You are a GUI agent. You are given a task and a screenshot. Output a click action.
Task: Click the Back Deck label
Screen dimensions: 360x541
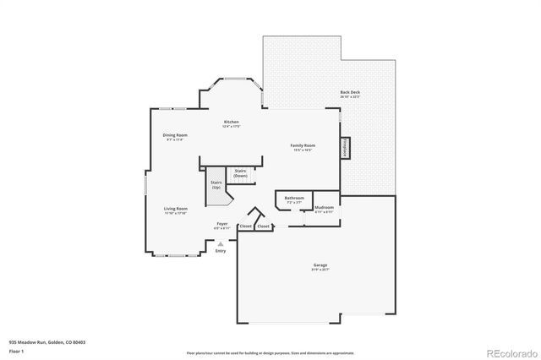pyautogui.click(x=349, y=92)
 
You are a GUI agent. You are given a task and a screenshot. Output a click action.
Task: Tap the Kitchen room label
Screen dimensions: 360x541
pyautogui.click(x=231, y=122)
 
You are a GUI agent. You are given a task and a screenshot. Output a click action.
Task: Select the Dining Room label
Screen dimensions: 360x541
pyautogui.click(x=175, y=134)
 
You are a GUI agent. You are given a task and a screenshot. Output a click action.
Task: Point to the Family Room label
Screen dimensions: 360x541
pyautogui.click(x=303, y=146)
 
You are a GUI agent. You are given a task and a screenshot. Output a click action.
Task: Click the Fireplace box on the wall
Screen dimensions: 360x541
pyautogui.click(x=345, y=147)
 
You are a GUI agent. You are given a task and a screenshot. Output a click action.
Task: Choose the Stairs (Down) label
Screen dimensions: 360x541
pyautogui.click(x=241, y=173)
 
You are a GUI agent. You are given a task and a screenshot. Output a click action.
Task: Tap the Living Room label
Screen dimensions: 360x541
pyautogui.click(x=176, y=208)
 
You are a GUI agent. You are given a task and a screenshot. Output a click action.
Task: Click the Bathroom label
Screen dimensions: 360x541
pyautogui.click(x=294, y=198)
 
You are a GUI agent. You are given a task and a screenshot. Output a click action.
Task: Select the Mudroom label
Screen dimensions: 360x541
pyautogui.click(x=324, y=207)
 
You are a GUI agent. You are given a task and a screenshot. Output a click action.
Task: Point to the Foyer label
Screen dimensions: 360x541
pyautogui.click(x=222, y=223)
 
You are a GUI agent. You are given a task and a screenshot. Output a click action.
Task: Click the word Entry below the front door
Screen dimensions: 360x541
pyautogui.click(x=221, y=251)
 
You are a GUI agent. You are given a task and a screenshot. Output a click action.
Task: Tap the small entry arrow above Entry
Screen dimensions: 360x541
pyautogui.click(x=221, y=243)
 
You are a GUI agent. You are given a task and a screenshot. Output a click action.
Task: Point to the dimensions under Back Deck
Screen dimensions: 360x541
pyautogui.click(x=349, y=97)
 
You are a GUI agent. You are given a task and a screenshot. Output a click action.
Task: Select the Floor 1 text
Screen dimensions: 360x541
pyautogui.click(x=17, y=349)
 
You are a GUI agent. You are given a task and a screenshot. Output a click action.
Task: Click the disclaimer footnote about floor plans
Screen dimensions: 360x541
pyautogui.click(x=270, y=352)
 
